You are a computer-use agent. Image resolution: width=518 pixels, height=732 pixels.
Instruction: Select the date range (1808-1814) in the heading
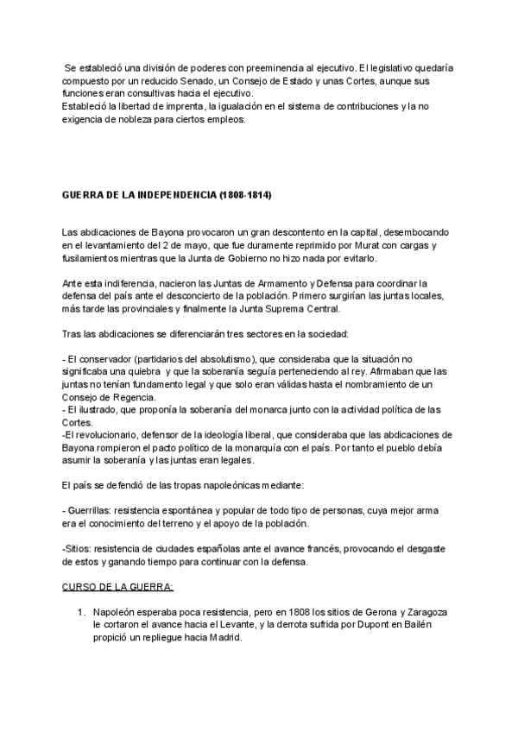click(x=245, y=197)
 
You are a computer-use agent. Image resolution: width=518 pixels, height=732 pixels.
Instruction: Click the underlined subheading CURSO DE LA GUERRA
click(x=118, y=588)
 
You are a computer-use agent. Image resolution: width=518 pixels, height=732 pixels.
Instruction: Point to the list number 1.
click(x=80, y=612)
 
